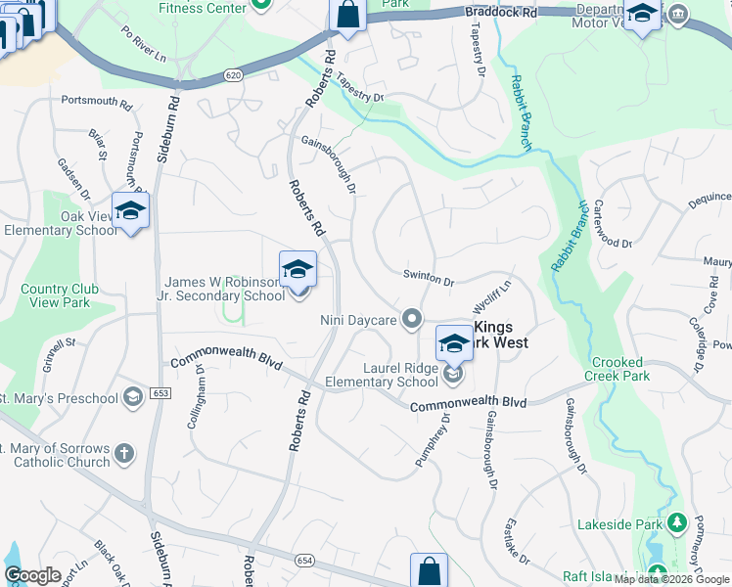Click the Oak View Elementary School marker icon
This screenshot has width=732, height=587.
[129, 211]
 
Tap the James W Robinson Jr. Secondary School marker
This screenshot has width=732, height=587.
[297, 270]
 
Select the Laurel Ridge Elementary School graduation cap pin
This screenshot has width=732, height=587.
[454, 343]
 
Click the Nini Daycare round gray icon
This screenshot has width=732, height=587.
[412, 318]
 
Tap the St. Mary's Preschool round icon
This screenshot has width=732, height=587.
[132, 397]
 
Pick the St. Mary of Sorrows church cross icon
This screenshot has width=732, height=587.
[123, 453]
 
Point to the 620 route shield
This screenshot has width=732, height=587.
[232, 74]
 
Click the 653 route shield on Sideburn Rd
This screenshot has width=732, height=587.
[161, 393]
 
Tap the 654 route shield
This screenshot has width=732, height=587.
[303, 559]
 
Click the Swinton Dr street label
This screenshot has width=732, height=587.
[429, 278]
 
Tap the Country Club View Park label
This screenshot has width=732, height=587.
[55, 295]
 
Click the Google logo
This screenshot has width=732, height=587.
[33, 575]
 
